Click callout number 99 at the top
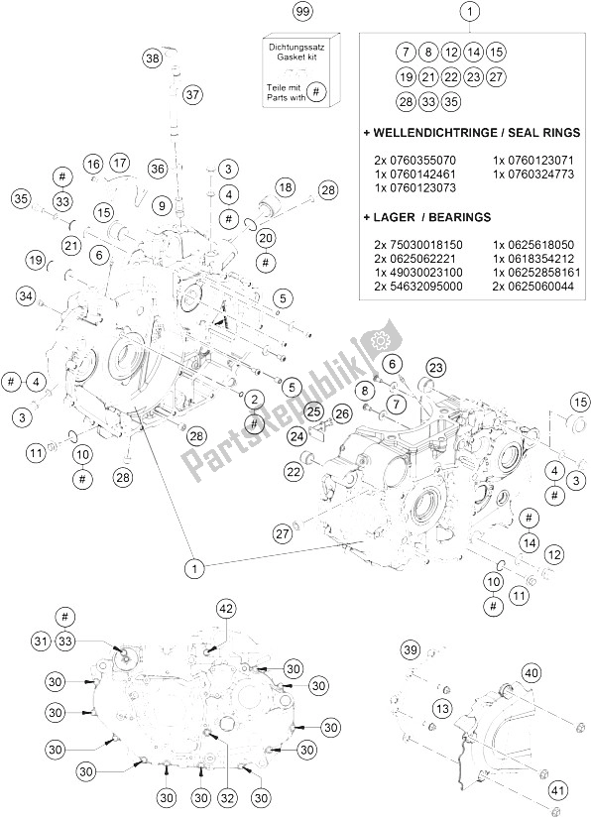tap(301, 12)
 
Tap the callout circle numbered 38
tap(152, 58)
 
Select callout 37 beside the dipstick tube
tap(192, 94)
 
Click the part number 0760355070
tap(414, 160)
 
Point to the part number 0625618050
tap(533, 245)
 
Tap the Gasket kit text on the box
tap(296, 57)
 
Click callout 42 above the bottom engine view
tap(227, 608)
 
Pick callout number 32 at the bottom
tap(228, 798)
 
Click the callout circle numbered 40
tap(532, 673)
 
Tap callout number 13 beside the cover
tap(442, 709)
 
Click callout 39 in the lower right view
tap(411, 650)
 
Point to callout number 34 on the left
tap(26, 296)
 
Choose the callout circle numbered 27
tap(283, 533)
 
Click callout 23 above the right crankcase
tap(436, 367)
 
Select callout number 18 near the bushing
tap(286, 187)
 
